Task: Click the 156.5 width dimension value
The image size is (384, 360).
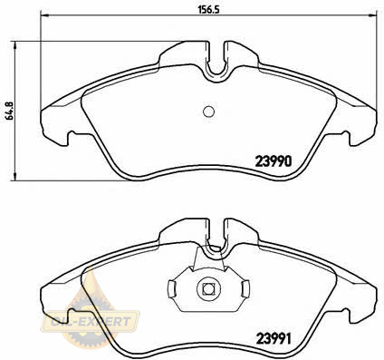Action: (x=208, y=9)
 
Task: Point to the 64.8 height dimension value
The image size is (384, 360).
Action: (x=10, y=111)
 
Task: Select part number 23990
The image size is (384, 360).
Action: (x=274, y=161)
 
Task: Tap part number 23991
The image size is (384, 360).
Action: (x=274, y=339)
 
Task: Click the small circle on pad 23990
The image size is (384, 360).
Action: (x=208, y=112)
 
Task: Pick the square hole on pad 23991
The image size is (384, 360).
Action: (x=207, y=289)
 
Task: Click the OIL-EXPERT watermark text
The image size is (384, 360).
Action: (x=91, y=321)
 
